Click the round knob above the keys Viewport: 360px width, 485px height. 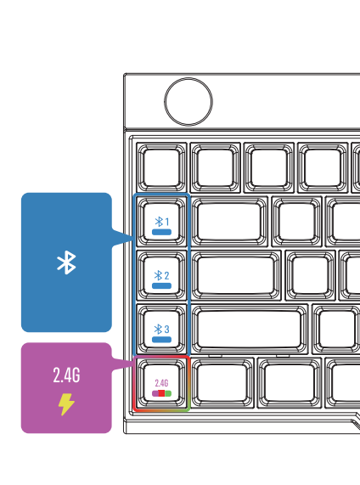click(x=188, y=102)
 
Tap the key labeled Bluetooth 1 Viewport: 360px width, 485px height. click(x=161, y=222)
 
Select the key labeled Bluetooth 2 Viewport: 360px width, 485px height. click(x=161, y=275)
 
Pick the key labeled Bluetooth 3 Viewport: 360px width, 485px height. click(x=161, y=329)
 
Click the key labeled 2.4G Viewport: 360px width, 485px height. click(x=161, y=383)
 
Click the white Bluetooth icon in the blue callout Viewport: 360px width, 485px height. click(x=66, y=262)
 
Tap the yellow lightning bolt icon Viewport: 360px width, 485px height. click(x=66, y=404)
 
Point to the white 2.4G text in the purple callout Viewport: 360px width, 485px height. click(x=66, y=375)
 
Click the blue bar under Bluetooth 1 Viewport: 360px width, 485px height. click(x=161, y=232)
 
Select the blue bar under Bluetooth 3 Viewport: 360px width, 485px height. click(x=161, y=339)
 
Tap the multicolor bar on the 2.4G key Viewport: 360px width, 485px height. click(x=161, y=393)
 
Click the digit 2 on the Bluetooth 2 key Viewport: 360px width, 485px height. click(x=166, y=275)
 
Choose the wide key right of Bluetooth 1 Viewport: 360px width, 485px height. click(x=229, y=222)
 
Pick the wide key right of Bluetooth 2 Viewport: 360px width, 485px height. click(x=236, y=275)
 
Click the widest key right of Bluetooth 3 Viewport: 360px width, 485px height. click(x=250, y=329)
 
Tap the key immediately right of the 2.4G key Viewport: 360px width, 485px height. click(x=222, y=383)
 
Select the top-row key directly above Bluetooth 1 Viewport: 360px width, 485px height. click(x=161, y=167)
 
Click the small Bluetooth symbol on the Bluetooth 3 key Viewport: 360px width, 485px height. click(x=158, y=329)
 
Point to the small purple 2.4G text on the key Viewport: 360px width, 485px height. click(x=161, y=383)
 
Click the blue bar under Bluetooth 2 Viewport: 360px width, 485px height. click(x=161, y=285)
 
